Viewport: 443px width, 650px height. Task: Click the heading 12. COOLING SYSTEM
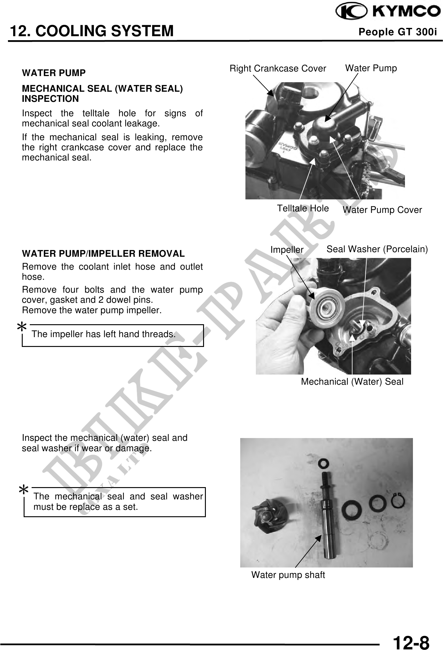(x=92, y=31)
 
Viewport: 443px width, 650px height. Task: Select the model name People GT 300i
(x=398, y=32)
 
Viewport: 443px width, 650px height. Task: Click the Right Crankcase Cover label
(x=278, y=68)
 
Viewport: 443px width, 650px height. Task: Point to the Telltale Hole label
(x=303, y=208)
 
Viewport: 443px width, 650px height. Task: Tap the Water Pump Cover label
(x=382, y=210)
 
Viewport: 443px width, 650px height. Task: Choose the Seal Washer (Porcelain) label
(x=377, y=249)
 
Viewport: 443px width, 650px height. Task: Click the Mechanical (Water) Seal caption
(x=352, y=382)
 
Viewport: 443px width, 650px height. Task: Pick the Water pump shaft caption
(x=288, y=575)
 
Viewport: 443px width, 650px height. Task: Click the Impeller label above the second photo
(x=287, y=250)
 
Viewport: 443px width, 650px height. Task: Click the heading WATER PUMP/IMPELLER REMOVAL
(x=103, y=254)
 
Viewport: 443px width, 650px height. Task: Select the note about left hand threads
(x=104, y=334)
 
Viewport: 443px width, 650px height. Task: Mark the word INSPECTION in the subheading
(x=50, y=99)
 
